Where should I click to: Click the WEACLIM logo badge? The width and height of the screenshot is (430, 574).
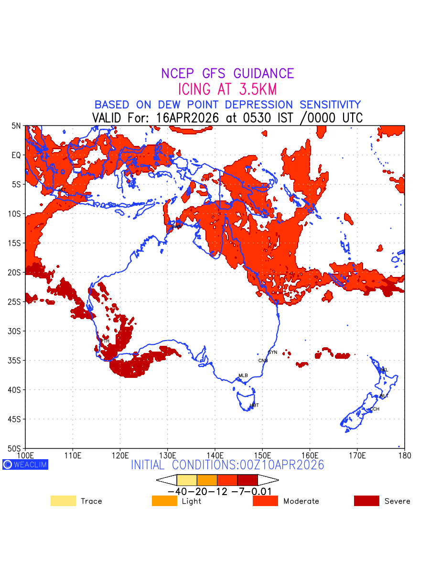click(x=25, y=464)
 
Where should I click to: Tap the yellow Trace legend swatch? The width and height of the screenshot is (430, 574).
click(x=63, y=501)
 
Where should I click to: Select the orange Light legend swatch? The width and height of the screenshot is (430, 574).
click(x=164, y=501)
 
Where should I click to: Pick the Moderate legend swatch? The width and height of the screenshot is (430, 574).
click(x=265, y=501)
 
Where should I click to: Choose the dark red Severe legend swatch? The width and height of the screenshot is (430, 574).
click(x=366, y=501)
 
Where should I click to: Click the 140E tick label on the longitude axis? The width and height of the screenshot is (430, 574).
click(x=215, y=454)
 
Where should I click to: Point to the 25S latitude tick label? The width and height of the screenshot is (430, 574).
click(x=16, y=302)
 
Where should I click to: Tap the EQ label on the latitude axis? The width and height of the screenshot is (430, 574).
click(x=17, y=155)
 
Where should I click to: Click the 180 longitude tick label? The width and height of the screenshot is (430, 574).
click(x=404, y=454)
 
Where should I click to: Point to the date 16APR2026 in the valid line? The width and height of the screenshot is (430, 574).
click(x=189, y=118)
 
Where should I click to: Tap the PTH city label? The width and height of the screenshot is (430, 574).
click(x=105, y=341)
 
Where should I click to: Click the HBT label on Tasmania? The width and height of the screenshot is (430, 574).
click(x=254, y=406)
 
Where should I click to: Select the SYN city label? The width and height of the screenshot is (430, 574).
click(x=272, y=353)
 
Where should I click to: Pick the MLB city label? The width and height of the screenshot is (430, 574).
click(x=243, y=375)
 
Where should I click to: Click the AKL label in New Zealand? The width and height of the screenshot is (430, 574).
click(x=384, y=370)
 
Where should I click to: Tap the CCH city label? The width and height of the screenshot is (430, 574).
click(x=375, y=409)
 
